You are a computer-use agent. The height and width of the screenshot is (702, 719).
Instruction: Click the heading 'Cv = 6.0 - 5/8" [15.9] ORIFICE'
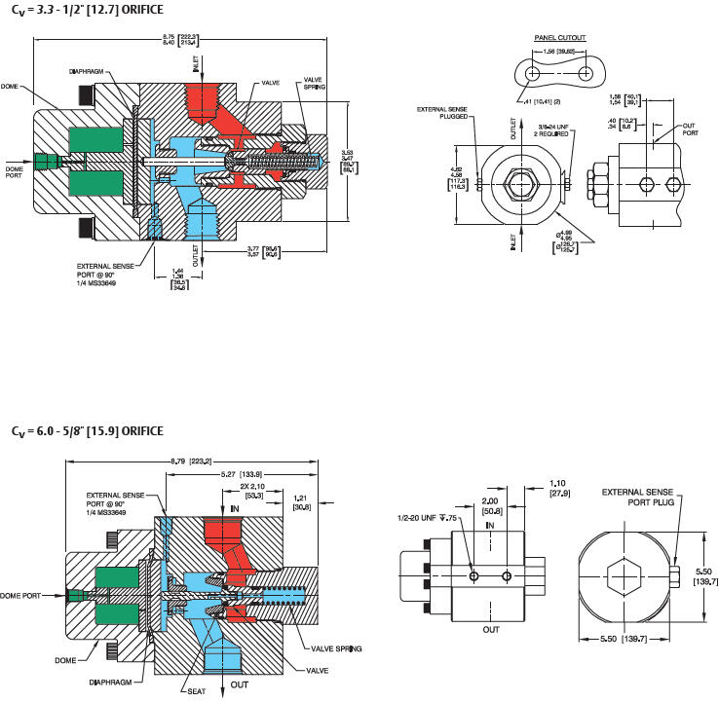pos(87,430)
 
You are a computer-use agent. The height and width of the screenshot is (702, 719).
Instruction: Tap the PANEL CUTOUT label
pos(557,38)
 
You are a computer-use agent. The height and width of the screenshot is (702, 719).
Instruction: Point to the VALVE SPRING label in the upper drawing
pos(314,83)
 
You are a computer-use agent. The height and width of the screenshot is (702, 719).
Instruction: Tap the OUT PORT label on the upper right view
pos(689,129)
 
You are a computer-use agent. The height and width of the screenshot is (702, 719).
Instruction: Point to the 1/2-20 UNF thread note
pos(426,517)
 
